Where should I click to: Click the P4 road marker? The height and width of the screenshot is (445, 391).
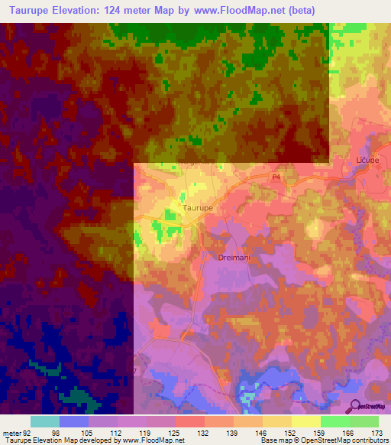(x=277, y=177)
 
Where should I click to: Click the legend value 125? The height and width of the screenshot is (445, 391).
(x=174, y=432)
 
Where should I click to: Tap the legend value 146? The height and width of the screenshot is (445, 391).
(x=261, y=432)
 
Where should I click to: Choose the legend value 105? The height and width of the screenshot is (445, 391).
(x=86, y=432)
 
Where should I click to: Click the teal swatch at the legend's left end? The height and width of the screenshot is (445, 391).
(x=45, y=421)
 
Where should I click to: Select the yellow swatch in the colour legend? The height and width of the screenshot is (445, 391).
(x=305, y=421)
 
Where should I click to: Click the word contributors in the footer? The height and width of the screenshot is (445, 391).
(x=367, y=440)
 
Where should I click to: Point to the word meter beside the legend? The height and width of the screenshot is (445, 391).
(x=11, y=432)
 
